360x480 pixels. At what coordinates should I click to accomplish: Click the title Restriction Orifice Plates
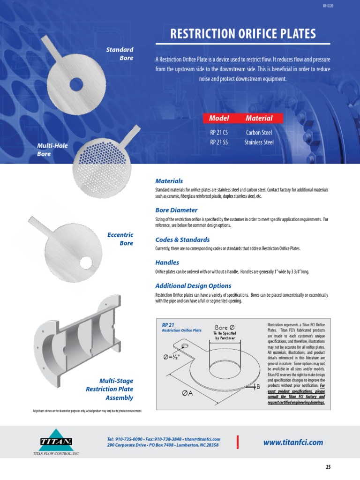tap(242, 34)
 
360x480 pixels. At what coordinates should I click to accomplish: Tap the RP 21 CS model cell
tap(219, 132)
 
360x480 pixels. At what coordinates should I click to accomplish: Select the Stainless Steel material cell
tap(259, 142)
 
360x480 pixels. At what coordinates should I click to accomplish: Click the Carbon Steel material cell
tap(259, 132)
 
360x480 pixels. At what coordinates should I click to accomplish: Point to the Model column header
tap(219, 118)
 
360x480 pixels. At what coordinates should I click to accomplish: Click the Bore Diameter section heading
tap(176, 210)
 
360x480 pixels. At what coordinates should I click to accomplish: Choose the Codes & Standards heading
tap(182, 240)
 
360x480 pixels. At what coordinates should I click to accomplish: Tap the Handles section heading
tap(167, 263)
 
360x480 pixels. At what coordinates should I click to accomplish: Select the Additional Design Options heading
tap(193, 286)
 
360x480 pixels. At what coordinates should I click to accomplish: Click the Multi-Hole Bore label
tap(52, 150)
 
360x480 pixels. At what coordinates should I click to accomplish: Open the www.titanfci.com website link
tap(293, 442)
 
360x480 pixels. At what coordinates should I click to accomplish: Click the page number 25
tap(328, 467)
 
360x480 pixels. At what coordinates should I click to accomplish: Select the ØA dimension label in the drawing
tap(188, 394)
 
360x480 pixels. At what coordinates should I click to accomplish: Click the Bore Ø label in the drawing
tap(225, 327)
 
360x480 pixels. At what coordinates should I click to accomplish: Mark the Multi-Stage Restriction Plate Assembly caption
tap(110, 389)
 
